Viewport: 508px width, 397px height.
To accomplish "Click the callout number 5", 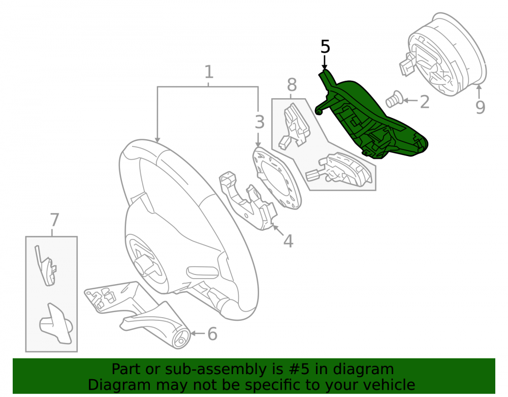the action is click(x=325, y=47).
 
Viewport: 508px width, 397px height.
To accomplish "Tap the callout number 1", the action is click(x=209, y=72).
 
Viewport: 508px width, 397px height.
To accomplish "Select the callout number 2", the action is click(x=424, y=102).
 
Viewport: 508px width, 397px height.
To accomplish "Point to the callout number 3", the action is click(x=260, y=122).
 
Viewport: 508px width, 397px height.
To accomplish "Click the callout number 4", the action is click(x=289, y=241).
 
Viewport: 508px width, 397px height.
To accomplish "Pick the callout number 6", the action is click(x=212, y=334).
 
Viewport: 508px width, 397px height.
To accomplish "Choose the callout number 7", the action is click(x=54, y=220).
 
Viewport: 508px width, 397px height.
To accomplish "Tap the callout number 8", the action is click(x=292, y=85).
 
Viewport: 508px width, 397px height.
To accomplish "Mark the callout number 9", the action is click(x=481, y=107).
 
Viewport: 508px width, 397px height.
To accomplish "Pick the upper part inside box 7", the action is click(x=45, y=266).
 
